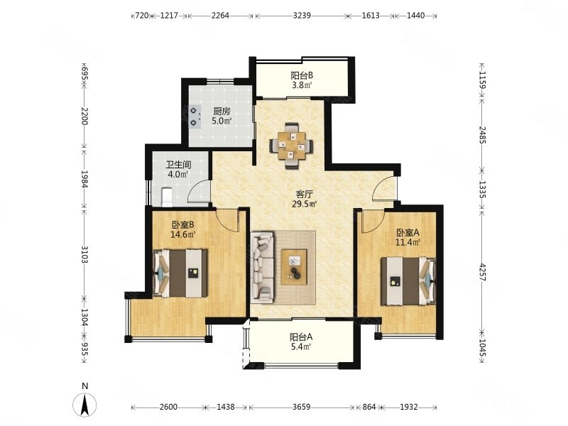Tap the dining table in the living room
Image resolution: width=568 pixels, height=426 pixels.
tap(291, 146)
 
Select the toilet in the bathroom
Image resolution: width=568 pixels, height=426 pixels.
tap(166, 197)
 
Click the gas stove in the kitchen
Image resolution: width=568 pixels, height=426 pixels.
tap(195, 116)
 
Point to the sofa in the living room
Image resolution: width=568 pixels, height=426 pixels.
tap(262, 268)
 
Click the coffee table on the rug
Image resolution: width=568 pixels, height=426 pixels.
tap(294, 268)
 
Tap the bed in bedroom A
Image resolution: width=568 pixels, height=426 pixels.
tap(408, 280)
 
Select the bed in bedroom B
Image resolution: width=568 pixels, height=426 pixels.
tap(180, 273)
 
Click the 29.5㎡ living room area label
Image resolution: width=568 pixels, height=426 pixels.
tap(305, 204)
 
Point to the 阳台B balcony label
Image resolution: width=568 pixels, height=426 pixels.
tap(302, 76)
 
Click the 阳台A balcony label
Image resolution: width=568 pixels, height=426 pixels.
tap(301, 337)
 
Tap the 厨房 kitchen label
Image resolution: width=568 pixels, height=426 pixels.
tap(222, 111)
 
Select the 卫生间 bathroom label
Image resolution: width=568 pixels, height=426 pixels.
tap(178, 165)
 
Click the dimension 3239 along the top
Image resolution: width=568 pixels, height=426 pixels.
tap(302, 16)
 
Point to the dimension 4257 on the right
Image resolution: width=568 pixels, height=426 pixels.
tap(482, 271)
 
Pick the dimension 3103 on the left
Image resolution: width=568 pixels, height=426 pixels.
tap(84, 255)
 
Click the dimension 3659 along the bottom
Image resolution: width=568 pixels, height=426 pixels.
tap(301, 407)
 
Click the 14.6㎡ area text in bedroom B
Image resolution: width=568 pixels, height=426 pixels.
tap(183, 234)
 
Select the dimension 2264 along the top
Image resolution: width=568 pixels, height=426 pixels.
tap(220, 16)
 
